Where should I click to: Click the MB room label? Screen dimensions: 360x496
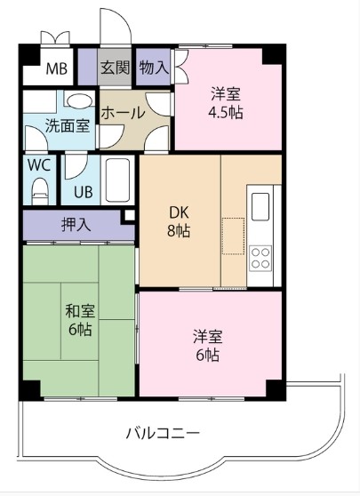(x=57, y=68)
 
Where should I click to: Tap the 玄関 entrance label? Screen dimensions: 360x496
(x=116, y=68)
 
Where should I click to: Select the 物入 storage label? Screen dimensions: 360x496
(x=154, y=67)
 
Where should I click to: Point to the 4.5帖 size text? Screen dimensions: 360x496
(x=226, y=112)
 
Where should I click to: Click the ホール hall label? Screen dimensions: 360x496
(x=123, y=113)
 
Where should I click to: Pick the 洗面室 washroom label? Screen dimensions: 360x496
(x=68, y=125)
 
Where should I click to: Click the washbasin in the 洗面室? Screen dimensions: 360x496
(x=80, y=100)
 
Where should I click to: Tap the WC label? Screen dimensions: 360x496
(x=39, y=164)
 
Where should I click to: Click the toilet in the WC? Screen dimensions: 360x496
(x=40, y=191)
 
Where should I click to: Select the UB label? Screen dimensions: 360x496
(x=84, y=192)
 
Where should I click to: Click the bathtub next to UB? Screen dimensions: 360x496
(x=117, y=180)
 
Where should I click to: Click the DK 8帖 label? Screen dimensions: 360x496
(x=179, y=222)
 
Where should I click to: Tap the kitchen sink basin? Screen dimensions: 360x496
(x=260, y=206)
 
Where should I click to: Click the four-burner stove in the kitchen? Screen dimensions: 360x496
(x=260, y=258)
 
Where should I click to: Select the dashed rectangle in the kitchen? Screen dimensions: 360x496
(x=234, y=236)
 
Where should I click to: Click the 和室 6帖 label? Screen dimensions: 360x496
(x=80, y=320)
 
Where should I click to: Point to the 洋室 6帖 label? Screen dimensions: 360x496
(x=208, y=346)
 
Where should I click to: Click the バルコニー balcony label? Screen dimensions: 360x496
(x=163, y=433)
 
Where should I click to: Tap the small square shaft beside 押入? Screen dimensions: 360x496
(x=129, y=215)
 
